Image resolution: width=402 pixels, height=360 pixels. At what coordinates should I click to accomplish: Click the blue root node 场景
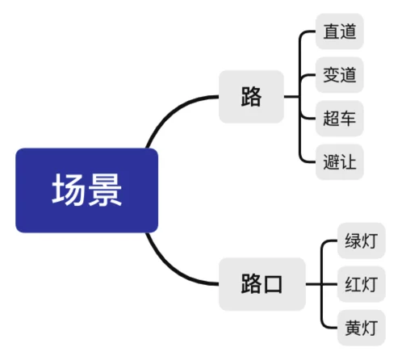86,190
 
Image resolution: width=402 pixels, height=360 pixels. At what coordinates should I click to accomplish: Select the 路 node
251,97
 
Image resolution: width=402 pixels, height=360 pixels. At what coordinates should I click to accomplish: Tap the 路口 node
262,284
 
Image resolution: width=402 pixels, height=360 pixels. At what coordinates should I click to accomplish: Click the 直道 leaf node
340,31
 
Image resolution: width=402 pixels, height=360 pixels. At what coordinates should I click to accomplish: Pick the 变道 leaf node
340,75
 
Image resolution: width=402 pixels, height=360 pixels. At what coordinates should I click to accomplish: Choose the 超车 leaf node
340,119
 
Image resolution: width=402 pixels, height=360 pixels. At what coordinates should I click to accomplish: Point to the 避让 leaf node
340,162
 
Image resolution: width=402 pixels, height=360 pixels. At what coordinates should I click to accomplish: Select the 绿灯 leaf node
362,241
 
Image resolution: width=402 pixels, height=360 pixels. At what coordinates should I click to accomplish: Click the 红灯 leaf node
362,284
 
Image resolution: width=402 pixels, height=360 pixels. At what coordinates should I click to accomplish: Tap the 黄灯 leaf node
362,328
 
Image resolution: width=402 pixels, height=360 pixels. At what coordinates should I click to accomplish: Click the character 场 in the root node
69,190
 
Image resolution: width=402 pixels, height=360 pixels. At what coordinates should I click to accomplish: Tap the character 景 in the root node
105,190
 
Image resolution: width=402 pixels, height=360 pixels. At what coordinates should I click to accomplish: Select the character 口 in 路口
273,284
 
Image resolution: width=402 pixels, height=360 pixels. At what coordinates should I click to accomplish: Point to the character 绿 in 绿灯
353,241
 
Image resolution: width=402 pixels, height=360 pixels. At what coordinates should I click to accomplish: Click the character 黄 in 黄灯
353,328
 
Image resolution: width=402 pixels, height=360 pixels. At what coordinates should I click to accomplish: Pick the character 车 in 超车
348,119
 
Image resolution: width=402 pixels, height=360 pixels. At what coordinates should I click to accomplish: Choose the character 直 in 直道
331,31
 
